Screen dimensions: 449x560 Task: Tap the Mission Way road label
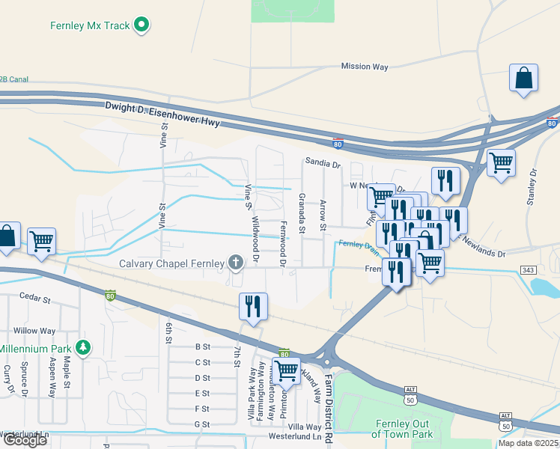(x=365, y=67)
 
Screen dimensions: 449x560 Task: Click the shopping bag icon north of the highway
(x=523, y=79)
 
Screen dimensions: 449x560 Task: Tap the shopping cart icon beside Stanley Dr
(x=501, y=163)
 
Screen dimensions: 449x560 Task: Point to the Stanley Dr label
(x=533, y=186)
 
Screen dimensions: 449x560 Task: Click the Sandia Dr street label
(x=323, y=162)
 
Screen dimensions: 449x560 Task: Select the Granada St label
(x=302, y=213)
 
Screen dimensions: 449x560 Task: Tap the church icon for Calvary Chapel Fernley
(x=236, y=262)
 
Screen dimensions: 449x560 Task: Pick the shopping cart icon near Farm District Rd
(x=286, y=370)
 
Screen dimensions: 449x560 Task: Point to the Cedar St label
(x=34, y=299)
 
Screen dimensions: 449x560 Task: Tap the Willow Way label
(x=34, y=330)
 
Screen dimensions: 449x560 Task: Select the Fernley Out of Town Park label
(x=403, y=429)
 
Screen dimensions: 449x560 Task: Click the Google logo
(x=25, y=440)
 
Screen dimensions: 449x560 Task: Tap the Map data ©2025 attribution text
(x=529, y=443)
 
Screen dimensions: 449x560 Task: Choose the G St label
(x=202, y=424)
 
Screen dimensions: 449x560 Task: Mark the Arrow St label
(x=323, y=216)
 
